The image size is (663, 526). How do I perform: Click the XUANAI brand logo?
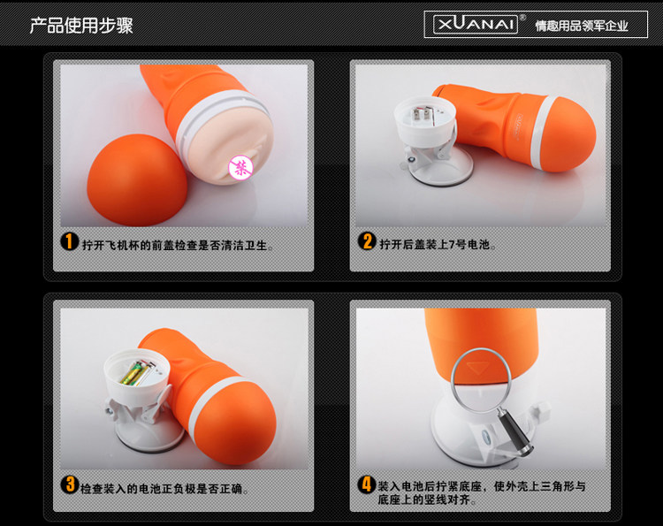point(476,24)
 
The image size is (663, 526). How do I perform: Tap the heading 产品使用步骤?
point(81,26)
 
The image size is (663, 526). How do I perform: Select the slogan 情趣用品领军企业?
point(582,26)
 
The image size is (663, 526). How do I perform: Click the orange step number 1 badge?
point(69,241)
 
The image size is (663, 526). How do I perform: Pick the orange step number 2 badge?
point(367,241)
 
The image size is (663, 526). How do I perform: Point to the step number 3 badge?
point(69,484)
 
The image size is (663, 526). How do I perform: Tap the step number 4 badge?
point(367,484)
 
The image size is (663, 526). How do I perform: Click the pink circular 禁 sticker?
point(241,168)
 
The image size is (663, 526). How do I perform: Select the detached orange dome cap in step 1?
point(137,179)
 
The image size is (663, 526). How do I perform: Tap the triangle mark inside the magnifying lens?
point(477,367)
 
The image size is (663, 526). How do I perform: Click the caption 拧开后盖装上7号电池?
point(437,244)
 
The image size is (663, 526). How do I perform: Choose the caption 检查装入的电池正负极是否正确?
point(164,489)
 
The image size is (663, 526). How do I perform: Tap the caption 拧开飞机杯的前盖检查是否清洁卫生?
point(178,245)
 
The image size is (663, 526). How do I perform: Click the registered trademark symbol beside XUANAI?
point(522,18)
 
